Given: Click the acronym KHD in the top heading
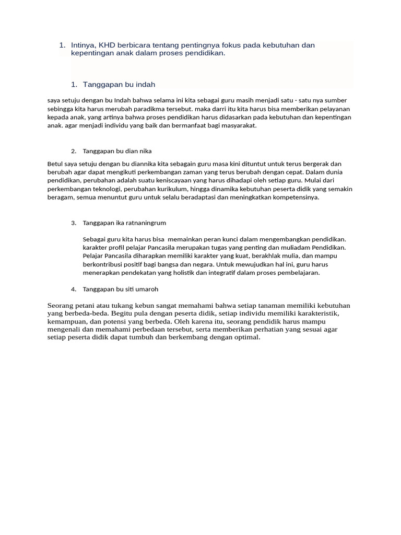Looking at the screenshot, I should click(x=108, y=45).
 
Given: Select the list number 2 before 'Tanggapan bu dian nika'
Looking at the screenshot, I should click(x=74, y=152).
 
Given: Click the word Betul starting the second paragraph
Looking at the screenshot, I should click(x=55, y=164).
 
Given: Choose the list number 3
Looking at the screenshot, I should click(x=74, y=223).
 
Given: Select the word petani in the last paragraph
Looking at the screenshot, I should click(x=89, y=306).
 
